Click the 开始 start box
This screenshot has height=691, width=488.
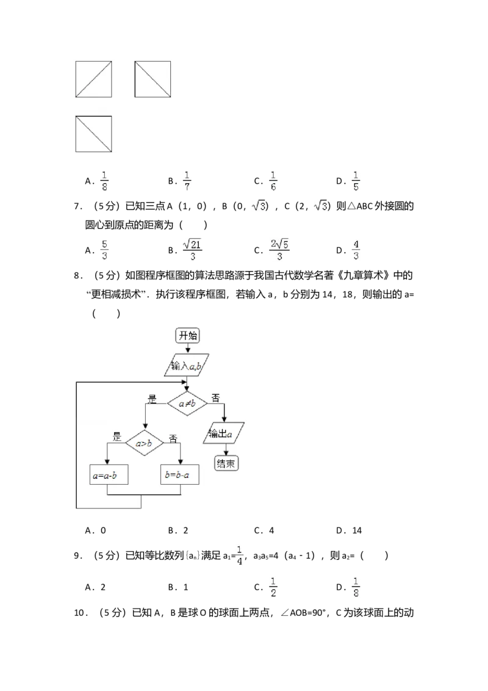click(x=188, y=335)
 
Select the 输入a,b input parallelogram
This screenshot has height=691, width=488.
click(x=187, y=366)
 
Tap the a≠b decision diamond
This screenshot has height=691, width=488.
click(x=187, y=403)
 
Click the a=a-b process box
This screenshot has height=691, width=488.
click(x=109, y=475)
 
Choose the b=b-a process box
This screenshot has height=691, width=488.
click(x=181, y=475)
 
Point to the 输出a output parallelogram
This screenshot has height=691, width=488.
click(x=224, y=433)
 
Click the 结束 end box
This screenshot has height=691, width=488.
click(x=226, y=464)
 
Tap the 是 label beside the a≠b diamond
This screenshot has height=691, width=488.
click(x=152, y=400)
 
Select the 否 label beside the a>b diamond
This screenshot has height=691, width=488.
click(x=173, y=438)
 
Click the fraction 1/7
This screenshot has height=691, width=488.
click(x=188, y=181)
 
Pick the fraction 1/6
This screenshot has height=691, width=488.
click(x=273, y=181)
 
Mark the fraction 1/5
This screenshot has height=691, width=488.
click(x=356, y=181)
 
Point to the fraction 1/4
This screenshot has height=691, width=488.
click(x=240, y=554)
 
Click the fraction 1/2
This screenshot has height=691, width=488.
click(x=273, y=586)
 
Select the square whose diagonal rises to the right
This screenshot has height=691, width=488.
click(x=93, y=79)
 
